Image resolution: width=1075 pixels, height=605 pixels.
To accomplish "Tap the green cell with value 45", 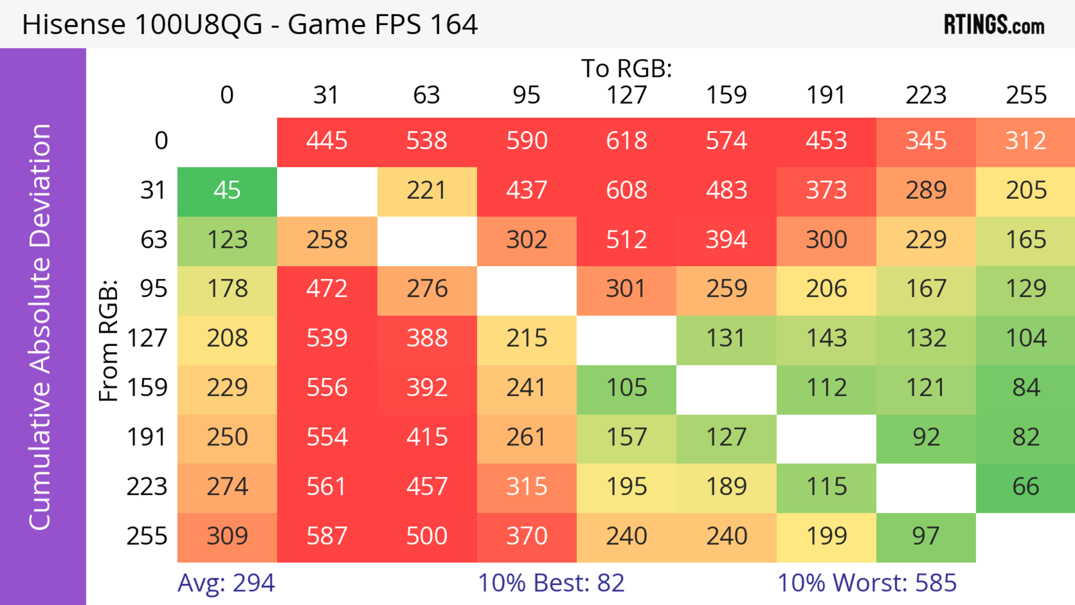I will point(227,191).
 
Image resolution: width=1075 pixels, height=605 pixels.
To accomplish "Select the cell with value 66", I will point(1026,487).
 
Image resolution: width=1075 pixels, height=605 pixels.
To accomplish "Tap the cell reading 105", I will point(627,388).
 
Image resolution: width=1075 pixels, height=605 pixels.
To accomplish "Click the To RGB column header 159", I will point(726,95).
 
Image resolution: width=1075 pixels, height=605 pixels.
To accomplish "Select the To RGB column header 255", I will point(1026,95).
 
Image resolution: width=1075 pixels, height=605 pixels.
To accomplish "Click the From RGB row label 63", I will point(154,240).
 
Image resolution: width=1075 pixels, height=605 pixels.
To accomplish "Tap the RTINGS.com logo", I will point(994,25).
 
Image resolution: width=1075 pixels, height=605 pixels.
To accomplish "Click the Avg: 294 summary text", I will point(226,583).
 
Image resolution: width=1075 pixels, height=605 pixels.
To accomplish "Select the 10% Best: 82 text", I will point(551,583).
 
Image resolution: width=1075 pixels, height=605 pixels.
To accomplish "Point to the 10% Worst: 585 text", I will point(867,583).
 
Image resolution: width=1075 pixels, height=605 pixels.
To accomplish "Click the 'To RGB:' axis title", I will point(627,68).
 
